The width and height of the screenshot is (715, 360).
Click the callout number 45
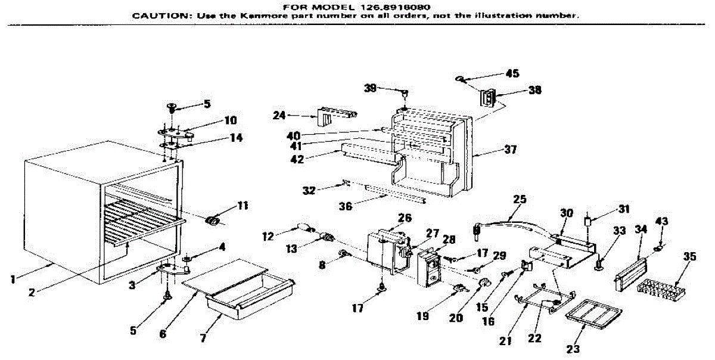pos(512,74)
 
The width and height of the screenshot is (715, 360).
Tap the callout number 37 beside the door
pos(509,150)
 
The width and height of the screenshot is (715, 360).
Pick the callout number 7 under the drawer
pos(203,338)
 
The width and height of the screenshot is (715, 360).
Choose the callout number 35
pos(689,257)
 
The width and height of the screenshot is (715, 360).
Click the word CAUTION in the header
pos(157,16)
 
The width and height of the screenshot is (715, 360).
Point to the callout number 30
pos(567,212)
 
